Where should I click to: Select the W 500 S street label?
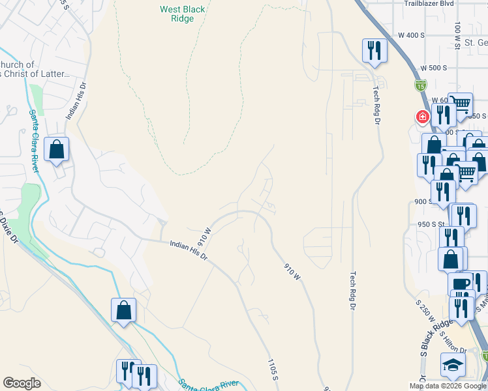[x=433, y=68]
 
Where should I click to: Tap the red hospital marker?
[x=422, y=117]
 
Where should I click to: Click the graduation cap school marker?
[x=453, y=367]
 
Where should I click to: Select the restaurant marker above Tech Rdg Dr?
[x=374, y=50]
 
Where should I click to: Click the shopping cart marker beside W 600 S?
[x=461, y=104]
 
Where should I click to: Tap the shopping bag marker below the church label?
[x=57, y=149]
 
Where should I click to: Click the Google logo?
[x=22, y=383]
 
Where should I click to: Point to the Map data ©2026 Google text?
[x=448, y=386]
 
